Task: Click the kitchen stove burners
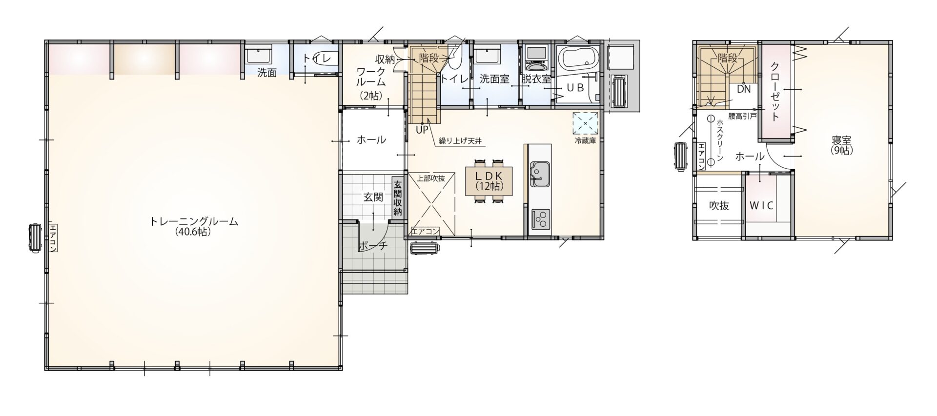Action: pos(540,218)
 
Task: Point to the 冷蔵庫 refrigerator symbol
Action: pos(585,122)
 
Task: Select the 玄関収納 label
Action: pos(398,198)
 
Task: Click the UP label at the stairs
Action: pos(422,130)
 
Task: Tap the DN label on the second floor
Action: pos(744,89)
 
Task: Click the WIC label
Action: pos(761,205)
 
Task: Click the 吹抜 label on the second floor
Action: pos(719,206)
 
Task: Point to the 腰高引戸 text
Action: pos(742,117)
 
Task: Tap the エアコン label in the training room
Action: pos(53,237)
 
